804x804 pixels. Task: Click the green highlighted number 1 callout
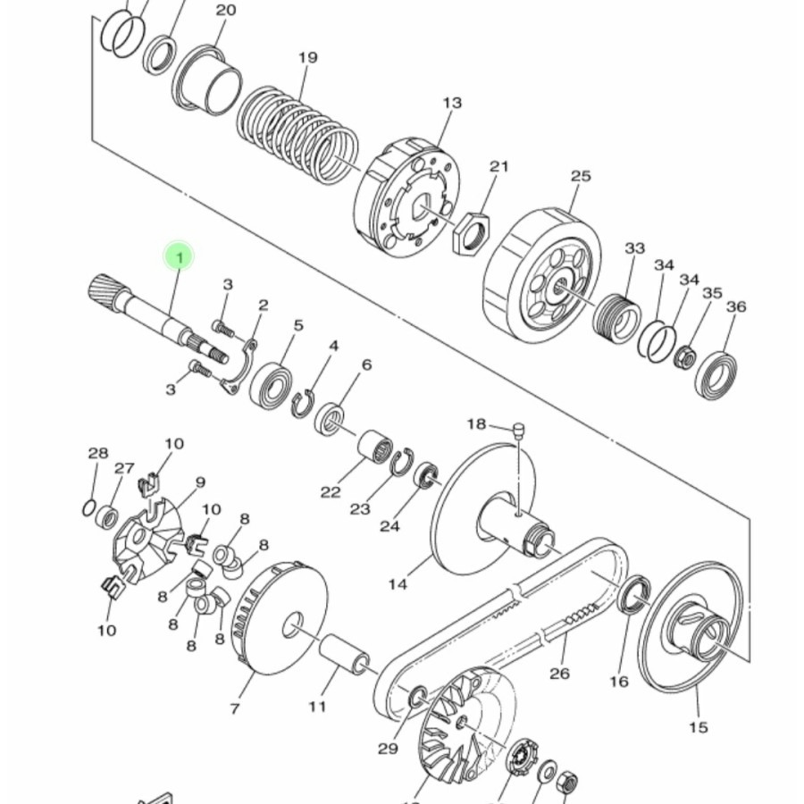tap(179, 256)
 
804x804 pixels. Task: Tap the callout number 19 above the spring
tap(307, 57)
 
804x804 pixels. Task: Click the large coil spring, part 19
tap(297, 134)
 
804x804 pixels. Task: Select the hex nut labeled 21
tap(471, 231)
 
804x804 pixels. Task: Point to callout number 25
tap(581, 176)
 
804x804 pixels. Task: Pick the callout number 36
tap(736, 306)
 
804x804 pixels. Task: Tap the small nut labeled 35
tap(684, 357)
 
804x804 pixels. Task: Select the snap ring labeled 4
tap(303, 404)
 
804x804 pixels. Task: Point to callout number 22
tap(331, 492)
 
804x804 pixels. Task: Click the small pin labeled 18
tap(519, 430)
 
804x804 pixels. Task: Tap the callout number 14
tap(398, 584)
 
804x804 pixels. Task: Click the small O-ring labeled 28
tap(88, 508)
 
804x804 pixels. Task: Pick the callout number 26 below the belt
tap(559, 673)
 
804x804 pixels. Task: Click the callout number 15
tap(699, 727)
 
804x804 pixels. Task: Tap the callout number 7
tap(235, 708)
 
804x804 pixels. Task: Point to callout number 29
tap(388, 749)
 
